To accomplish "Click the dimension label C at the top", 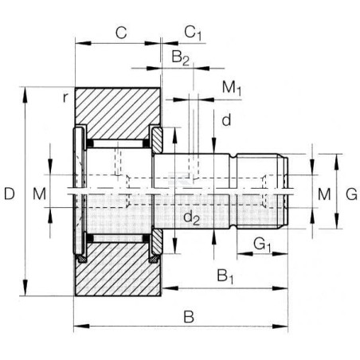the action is click(121, 33).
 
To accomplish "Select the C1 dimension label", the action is click(193, 33).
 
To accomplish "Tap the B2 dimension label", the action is click(181, 57).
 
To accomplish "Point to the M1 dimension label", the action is click(232, 88).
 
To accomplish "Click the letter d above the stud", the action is click(226, 120).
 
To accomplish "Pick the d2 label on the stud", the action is click(192, 218).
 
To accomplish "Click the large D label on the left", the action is click(10, 194).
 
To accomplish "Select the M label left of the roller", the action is click(39, 194).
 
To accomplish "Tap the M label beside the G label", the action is click(324, 194).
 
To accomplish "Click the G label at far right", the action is click(351, 194).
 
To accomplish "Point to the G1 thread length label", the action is click(262, 245).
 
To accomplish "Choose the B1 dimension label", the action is click(225, 276).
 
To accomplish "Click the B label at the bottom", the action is click(189, 316).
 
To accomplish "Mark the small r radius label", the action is click(65, 98).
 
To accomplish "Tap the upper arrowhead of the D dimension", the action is click(25, 95).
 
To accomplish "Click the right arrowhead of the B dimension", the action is click(280, 326).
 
